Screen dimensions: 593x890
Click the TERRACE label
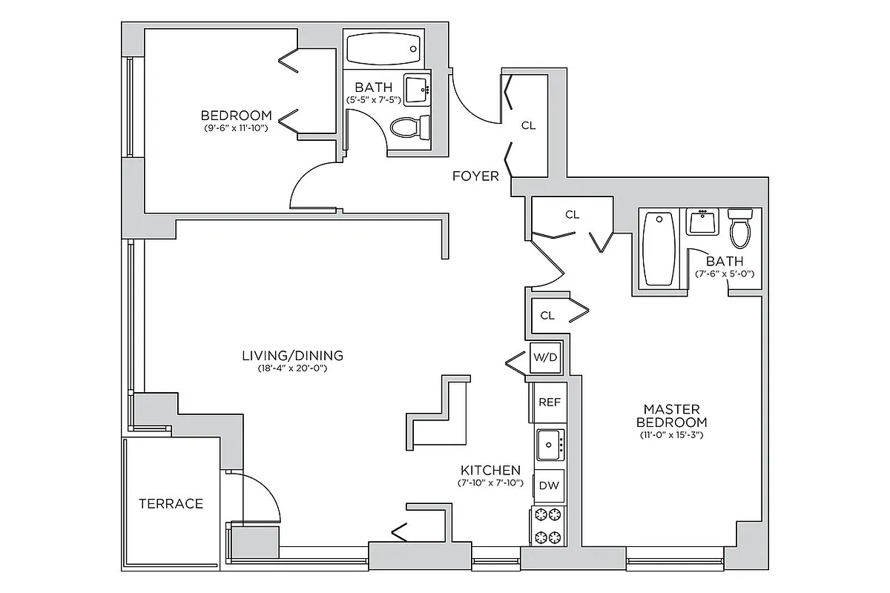[x=171, y=504]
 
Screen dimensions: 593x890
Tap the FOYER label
[x=476, y=176]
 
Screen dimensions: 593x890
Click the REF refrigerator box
[x=549, y=402]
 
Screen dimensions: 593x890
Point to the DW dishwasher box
[x=549, y=486]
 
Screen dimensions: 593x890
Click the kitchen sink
[x=550, y=445]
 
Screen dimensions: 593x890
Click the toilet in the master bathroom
[x=740, y=228]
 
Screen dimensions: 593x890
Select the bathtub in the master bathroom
[x=657, y=249]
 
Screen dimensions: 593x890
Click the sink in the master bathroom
[x=701, y=222]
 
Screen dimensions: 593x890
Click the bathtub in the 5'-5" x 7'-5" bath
[x=383, y=49]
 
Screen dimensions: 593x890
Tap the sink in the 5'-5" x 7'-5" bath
[x=417, y=90]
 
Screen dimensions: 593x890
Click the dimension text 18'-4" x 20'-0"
[x=292, y=368]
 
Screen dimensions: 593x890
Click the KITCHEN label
[x=490, y=471]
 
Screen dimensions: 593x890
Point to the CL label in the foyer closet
[x=528, y=125]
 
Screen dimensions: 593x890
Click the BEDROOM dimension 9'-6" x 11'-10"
[x=236, y=127]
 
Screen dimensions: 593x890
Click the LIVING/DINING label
[x=292, y=355]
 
